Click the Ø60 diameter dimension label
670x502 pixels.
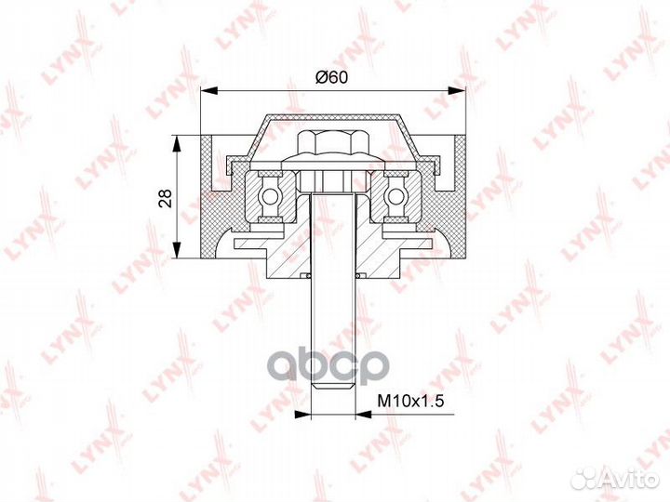tap(332, 78)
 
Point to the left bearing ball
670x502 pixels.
tap(271, 196)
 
